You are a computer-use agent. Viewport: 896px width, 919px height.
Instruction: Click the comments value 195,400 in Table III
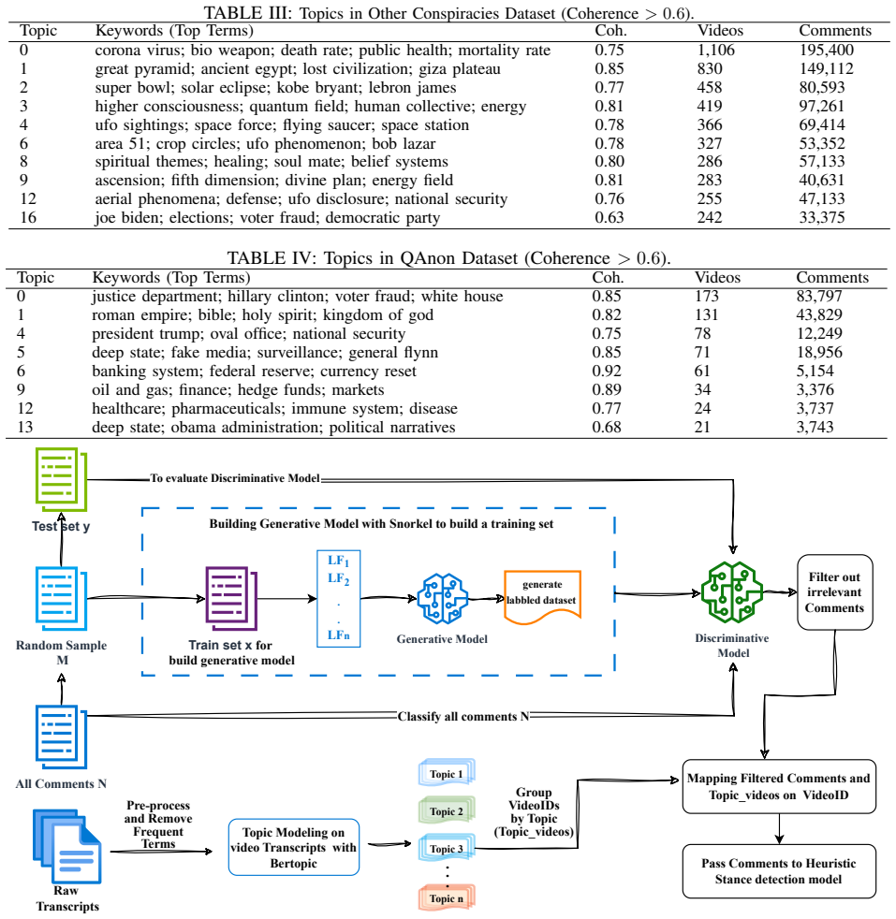[x=826, y=51]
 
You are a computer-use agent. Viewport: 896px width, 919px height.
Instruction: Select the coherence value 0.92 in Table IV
[x=607, y=371]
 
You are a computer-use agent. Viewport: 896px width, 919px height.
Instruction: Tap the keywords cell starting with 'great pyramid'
[x=298, y=69]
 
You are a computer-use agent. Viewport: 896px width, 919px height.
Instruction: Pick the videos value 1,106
[x=715, y=51]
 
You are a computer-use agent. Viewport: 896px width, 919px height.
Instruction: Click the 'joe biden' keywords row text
[x=268, y=218]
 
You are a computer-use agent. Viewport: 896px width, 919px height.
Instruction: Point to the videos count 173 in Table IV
[x=707, y=297]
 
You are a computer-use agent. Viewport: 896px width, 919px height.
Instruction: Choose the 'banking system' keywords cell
[x=254, y=372]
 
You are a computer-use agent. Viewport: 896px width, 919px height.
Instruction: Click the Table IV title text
[x=448, y=258]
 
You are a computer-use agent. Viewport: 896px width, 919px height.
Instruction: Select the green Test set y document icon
[x=61, y=479]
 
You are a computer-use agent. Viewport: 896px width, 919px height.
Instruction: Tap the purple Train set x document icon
[x=231, y=598]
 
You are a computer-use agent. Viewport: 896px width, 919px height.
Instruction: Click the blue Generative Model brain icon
[x=442, y=598]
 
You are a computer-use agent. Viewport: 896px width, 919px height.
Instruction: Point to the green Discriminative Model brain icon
[x=732, y=592]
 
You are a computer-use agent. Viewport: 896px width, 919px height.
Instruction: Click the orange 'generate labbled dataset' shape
[x=542, y=597]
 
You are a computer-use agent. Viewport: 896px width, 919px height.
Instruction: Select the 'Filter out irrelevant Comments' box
[x=834, y=592]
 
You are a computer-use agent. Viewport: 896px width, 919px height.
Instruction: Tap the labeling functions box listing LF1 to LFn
[x=338, y=598]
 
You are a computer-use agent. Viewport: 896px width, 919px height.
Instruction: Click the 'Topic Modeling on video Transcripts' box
[x=294, y=848]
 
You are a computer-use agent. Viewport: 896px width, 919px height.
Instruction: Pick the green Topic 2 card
[x=447, y=810]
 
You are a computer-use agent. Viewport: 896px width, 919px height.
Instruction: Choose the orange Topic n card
[x=447, y=897]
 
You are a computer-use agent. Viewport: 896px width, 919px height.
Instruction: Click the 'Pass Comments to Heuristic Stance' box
[x=779, y=871]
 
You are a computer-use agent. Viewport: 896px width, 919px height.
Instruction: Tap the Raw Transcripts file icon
[x=67, y=846]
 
